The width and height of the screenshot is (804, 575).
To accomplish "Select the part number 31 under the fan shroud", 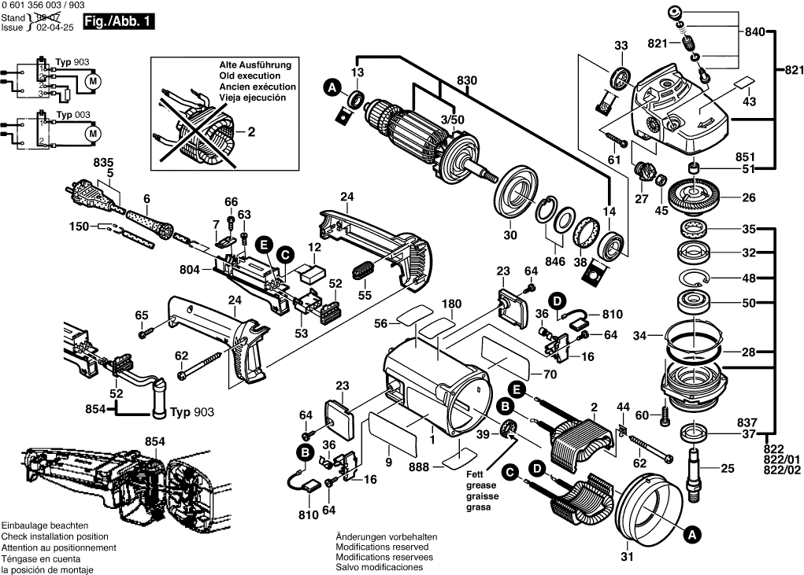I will click(x=626, y=558).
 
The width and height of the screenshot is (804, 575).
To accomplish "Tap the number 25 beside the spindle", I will click(x=727, y=469).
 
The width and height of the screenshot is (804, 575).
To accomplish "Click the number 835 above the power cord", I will click(x=103, y=162).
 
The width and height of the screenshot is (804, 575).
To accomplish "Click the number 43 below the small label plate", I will click(x=749, y=101).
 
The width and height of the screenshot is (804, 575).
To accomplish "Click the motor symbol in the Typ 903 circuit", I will click(x=93, y=82).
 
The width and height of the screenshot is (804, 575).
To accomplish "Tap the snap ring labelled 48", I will click(x=693, y=278).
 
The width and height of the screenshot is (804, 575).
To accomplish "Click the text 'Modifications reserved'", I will click(x=383, y=547).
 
